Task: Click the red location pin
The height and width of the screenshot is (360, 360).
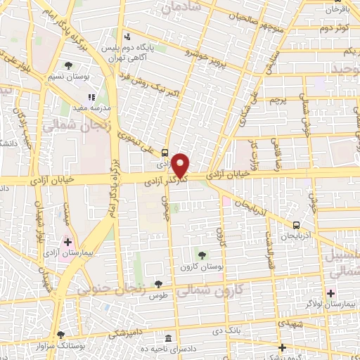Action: click(181, 165)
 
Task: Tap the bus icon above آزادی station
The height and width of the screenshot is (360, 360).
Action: click(165, 151)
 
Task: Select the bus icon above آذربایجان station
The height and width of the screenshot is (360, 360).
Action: click(296, 225)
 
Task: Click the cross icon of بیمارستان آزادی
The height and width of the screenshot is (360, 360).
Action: click(67, 242)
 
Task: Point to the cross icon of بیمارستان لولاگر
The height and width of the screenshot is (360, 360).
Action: click(330, 292)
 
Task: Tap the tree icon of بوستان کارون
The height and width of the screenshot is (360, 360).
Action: click(202, 255)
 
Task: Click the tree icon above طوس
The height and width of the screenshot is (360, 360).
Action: click(158, 284)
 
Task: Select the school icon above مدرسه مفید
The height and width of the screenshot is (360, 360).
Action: click(90, 97)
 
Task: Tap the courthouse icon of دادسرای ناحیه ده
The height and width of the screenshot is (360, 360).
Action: click(167, 338)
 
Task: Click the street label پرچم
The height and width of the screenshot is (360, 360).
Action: click(279, 100)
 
